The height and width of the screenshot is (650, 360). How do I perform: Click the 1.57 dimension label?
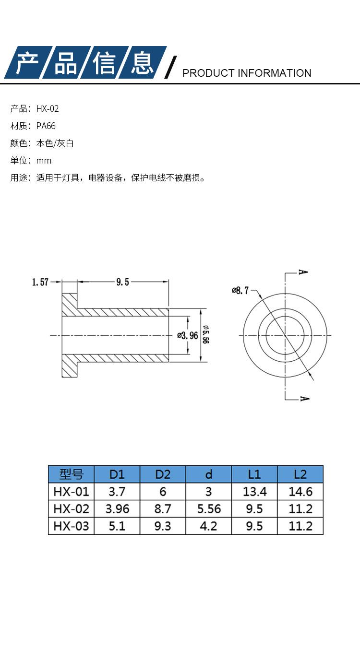(x=40, y=282)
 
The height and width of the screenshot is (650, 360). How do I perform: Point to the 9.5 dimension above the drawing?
(x=122, y=282)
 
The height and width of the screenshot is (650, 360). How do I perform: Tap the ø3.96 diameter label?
(x=188, y=335)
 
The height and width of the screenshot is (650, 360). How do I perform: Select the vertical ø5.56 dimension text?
(x=205, y=334)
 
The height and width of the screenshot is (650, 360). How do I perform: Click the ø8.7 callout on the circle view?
(x=240, y=290)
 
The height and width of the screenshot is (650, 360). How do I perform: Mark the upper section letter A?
(x=303, y=272)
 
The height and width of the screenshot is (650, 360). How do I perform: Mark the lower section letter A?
(x=304, y=399)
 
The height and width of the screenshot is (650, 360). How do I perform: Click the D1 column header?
(x=117, y=474)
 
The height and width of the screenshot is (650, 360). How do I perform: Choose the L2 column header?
(x=300, y=474)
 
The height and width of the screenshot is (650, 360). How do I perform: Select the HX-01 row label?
(x=71, y=492)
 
